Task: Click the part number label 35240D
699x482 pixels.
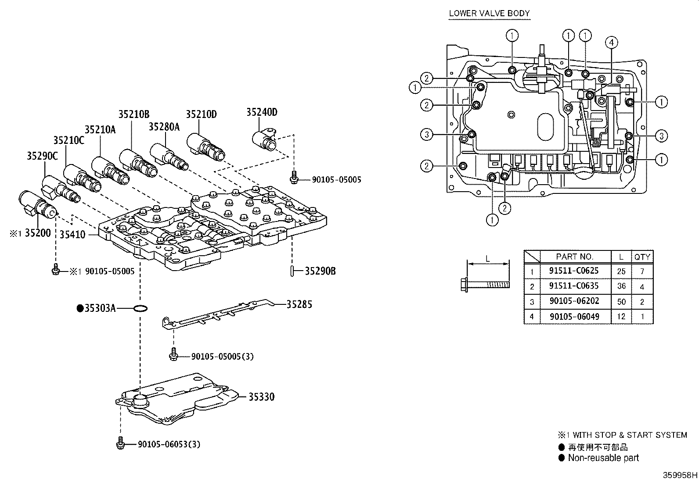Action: coord(261,112)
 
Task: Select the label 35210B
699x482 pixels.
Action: coord(134,114)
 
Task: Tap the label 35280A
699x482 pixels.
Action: coord(164,127)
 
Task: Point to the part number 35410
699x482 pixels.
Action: coord(72,235)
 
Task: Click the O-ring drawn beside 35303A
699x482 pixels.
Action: coord(140,309)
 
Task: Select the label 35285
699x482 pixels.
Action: coord(299,304)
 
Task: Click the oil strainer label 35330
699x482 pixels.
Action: coord(261,397)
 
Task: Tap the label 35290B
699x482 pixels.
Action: coord(320,271)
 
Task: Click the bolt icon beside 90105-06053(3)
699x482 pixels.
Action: coord(120,444)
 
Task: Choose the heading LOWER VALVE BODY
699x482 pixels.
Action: coord(489,13)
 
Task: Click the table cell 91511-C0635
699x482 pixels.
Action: coord(574,286)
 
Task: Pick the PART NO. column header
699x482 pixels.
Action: coord(574,257)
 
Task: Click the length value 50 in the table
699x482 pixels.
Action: coord(621,302)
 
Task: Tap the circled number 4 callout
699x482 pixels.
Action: coord(611,42)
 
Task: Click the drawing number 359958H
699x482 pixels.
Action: coord(680,475)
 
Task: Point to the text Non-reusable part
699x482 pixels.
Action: coord(603,458)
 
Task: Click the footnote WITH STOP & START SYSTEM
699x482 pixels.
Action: coord(630,435)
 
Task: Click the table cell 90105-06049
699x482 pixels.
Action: coord(574,317)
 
